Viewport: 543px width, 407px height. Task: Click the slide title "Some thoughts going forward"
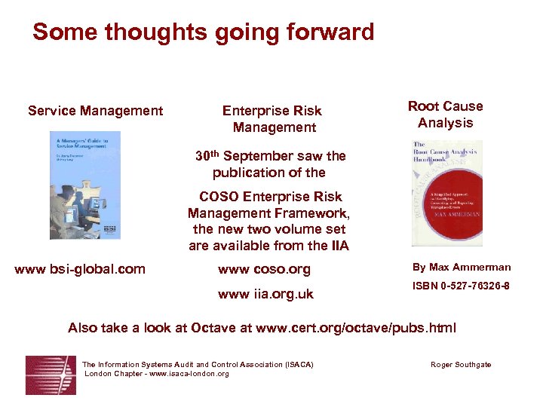203,32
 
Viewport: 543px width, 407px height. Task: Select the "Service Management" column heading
95,111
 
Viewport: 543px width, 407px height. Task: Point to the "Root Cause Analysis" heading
445,115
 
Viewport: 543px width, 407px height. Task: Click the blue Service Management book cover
84,185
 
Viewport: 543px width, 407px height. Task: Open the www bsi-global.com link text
80,268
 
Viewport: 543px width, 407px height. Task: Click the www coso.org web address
264,269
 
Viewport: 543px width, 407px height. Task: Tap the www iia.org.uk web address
265,294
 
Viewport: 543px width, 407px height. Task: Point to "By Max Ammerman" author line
461,267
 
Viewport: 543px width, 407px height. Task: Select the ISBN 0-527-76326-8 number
460,286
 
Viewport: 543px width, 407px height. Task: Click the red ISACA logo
51,375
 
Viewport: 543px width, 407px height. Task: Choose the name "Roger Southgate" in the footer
460,365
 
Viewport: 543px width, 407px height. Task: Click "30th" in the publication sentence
207,156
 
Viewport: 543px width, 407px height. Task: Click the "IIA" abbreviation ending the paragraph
339,245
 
